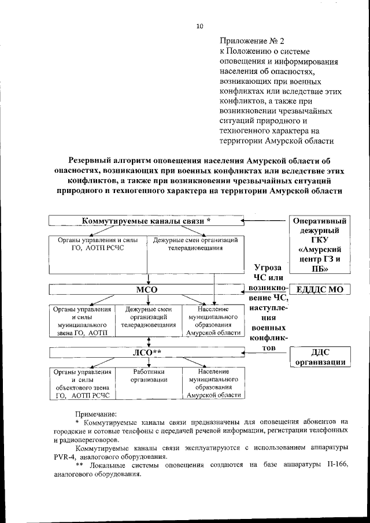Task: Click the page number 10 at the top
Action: [200, 26]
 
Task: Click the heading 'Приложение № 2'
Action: [253, 40]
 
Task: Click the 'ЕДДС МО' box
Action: [320, 289]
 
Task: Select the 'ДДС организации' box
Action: [320, 357]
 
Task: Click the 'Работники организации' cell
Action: [149, 376]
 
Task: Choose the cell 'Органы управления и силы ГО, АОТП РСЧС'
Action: [98, 243]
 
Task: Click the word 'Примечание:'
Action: [96, 413]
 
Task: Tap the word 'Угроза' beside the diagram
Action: [268, 268]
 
